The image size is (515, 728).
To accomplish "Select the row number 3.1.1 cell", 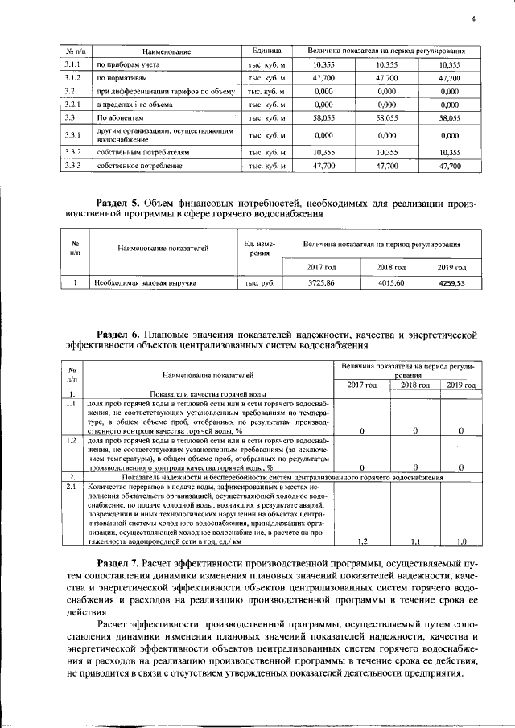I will click(73, 64).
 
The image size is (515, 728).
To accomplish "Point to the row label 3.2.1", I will click(73, 105).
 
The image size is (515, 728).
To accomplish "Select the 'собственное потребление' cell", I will click(138, 166).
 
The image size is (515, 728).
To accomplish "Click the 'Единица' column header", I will click(266, 50).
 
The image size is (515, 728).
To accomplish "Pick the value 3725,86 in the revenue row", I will click(321, 283).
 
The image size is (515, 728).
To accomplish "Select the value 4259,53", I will click(451, 283).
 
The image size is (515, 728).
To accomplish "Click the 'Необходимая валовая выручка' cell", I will click(144, 283).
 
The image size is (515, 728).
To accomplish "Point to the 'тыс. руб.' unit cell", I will click(259, 283).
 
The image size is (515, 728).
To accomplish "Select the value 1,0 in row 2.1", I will click(461, 541).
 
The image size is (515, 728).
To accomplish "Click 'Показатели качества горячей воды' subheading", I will click(208, 395).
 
